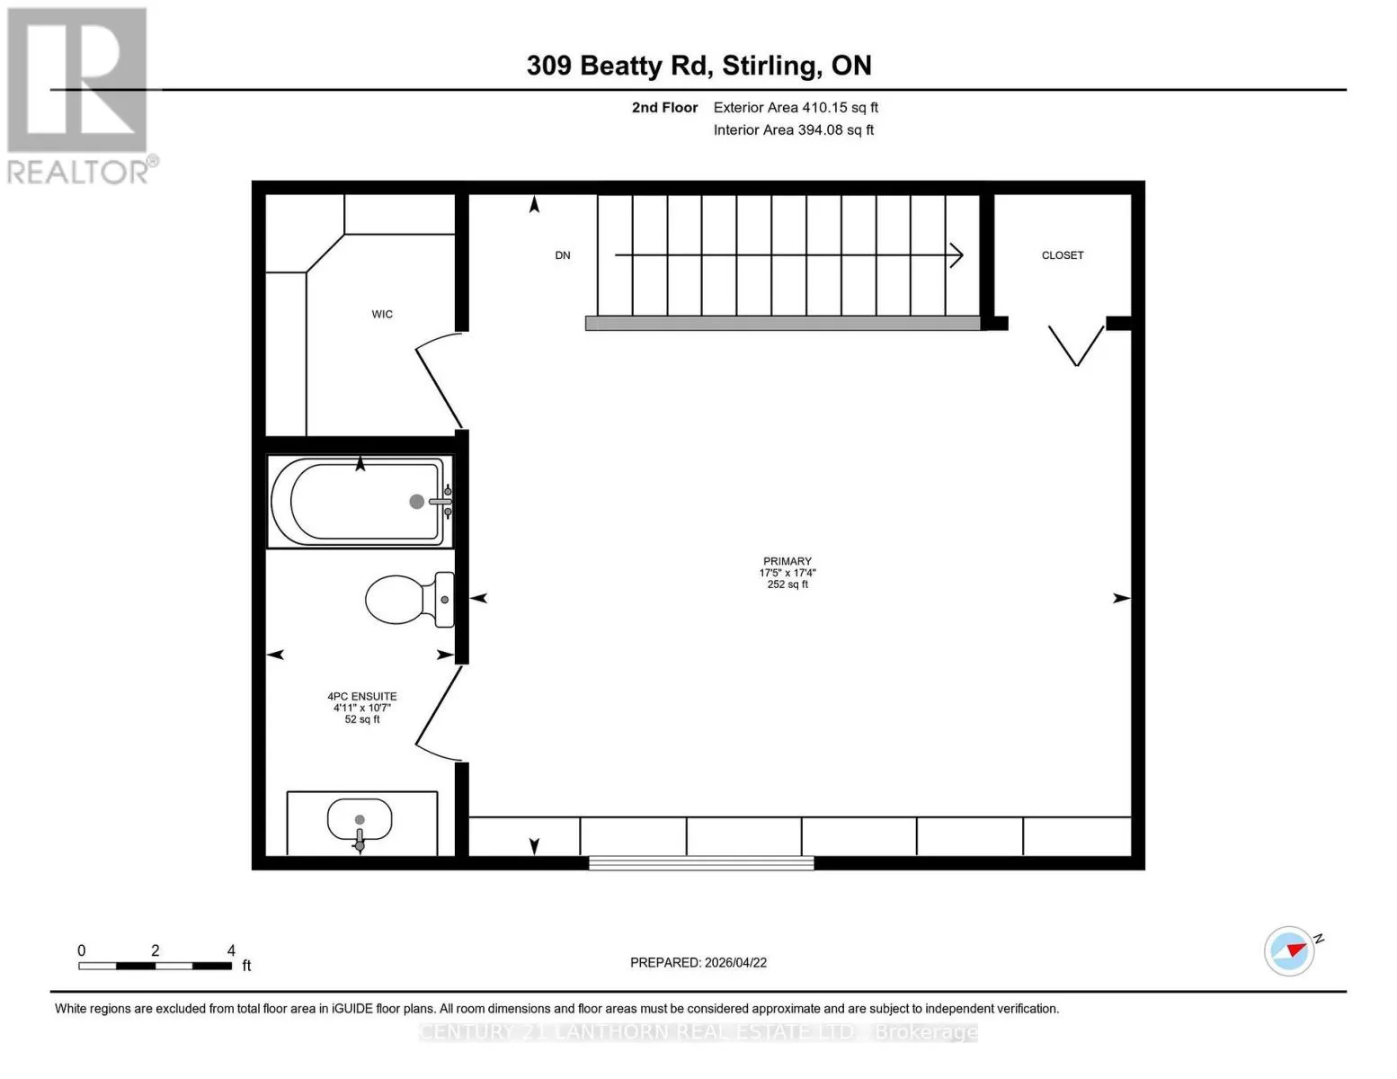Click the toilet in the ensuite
tap(409, 600)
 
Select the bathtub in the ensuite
tap(360, 502)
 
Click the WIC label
tap(382, 314)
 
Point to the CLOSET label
tap(1062, 255)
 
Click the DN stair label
tap(563, 255)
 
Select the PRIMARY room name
tap(787, 561)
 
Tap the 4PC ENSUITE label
tap(362, 696)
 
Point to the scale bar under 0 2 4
tap(155, 966)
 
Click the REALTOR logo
tap(80, 96)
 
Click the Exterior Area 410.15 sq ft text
tap(796, 107)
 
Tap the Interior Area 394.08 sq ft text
tap(793, 129)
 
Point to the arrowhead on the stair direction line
tap(957, 255)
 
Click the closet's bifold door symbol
tap(1076, 346)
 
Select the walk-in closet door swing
tap(439, 379)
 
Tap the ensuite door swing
tap(439, 714)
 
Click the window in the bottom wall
tap(701, 863)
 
